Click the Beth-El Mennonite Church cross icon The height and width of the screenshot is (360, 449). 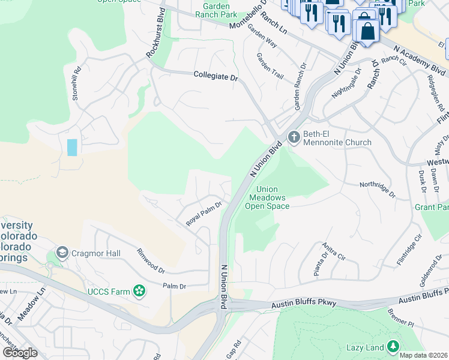tap(294, 137)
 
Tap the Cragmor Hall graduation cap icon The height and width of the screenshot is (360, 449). tap(62, 253)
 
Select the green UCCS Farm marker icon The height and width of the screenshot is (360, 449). tap(139, 292)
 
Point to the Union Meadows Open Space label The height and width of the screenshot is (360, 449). tap(267, 198)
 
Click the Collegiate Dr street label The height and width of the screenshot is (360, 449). tap(216, 75)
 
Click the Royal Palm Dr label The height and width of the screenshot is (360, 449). tap(203, 213)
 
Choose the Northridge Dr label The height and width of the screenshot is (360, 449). tap(378, 190)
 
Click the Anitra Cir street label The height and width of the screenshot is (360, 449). tap(334, 251)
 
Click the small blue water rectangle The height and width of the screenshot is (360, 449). tap(72, 147)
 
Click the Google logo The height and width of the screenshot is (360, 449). tap(20, 352)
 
